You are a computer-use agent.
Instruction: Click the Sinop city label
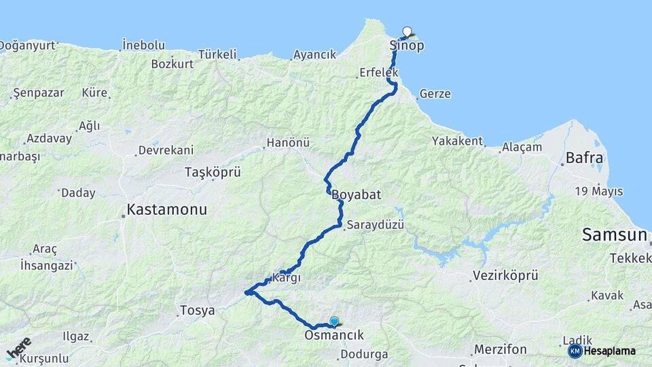[x=407, y=46]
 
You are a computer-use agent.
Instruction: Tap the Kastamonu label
[x=166, y=209]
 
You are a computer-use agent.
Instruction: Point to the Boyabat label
[x=356, y=194]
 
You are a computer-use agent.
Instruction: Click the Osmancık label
[x=334, y=335]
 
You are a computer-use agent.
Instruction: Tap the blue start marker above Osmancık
[x=334, y=321]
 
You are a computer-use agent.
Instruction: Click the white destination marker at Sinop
[x=407, y=31]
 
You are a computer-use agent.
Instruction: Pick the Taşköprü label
[x=213, y=173]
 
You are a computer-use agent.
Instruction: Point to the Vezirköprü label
[x=504, y=276]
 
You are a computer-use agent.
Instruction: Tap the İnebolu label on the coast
[x=143, y=45]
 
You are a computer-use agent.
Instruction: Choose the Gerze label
[x=435, y=94]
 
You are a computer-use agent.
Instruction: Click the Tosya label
[x=197, y=311]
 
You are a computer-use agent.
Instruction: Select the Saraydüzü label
[x=375, y=224]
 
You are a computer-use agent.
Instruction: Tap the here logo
[x=18, y=348]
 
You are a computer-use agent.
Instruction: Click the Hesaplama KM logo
[x=602, y=351]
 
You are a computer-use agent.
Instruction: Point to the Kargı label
[x=286, y=277]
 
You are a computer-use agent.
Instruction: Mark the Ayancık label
[x=314, y=55]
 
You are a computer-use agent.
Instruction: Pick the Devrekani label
[x=166, y=150]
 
